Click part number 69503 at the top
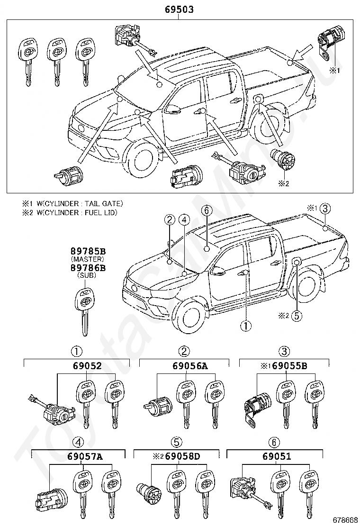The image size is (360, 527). [180, 9]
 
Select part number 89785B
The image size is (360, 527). [88, 251]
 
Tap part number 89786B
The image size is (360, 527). [88, 268]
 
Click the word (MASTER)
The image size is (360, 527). [88, 259]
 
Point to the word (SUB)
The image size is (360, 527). [87, 275]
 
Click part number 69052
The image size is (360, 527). [87, 366]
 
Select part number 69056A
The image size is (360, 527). [190, 366]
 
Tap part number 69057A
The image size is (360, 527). [85, 456]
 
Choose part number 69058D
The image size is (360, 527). [183, 456]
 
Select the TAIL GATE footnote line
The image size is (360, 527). [72, 203]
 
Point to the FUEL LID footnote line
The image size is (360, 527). [70, 212]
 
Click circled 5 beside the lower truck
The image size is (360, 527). [297, 316]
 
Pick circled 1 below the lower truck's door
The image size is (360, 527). [246, 325]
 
